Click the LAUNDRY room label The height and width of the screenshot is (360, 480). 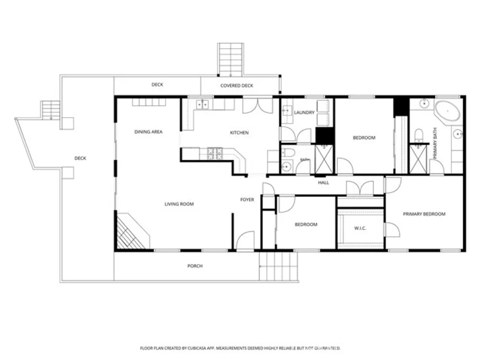(x=304, y=113)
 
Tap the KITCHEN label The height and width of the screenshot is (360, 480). (x=239, y=133)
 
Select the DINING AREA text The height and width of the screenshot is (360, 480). (x=148, y=132)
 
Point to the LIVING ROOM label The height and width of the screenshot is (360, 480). (x=179, y=204)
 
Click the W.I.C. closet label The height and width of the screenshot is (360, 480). (x=360, y=228)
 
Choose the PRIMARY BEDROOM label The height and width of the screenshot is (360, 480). (x=424, y=214)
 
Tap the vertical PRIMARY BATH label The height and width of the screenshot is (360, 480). (x=435, y=143)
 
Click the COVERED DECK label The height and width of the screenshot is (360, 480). (x=237, y=86)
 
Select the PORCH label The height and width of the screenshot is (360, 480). (x=195, y=266)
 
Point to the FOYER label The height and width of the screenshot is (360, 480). (x=247, y=200)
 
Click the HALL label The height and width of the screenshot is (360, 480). (x=323, y=183)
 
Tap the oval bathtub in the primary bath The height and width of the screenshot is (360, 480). (x=447, y=111)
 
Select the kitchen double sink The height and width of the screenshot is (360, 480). (x=202, y=105)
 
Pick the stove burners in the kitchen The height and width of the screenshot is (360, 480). (x=215, y=154)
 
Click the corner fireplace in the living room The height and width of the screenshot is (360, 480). (x=132, y=231)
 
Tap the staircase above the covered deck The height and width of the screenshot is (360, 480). (x=230, y=60)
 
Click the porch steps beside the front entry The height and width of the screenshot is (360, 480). (x=278, y=266)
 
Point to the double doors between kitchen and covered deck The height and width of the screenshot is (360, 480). (x=258, y=106)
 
